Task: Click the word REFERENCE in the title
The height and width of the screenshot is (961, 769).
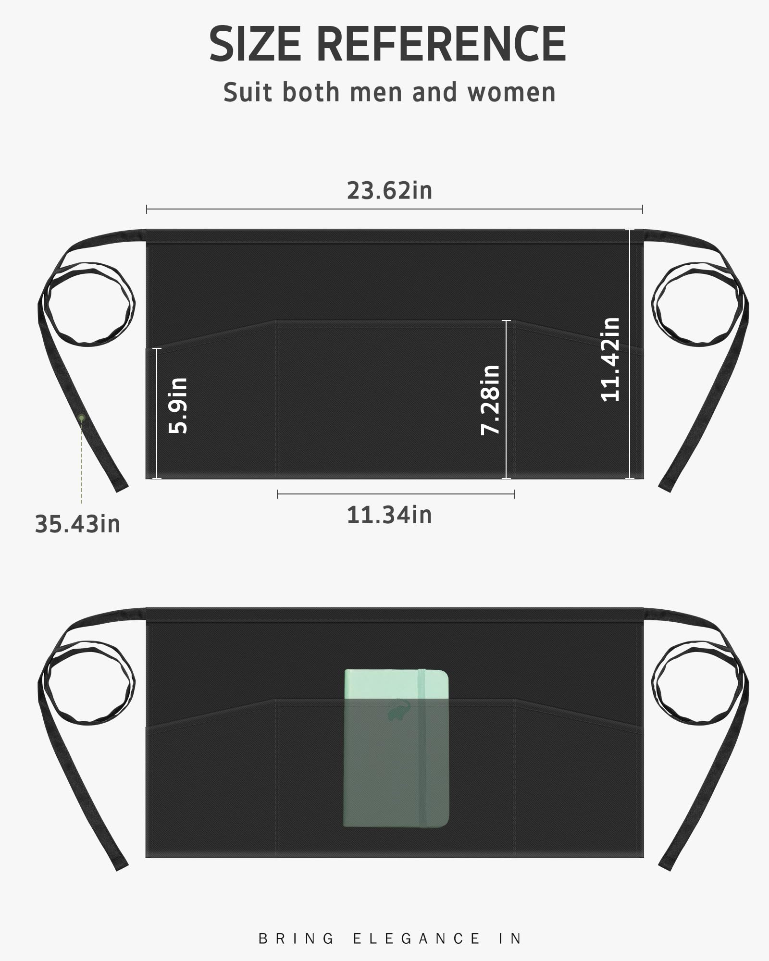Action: pyautogui.click(x=441, y=44)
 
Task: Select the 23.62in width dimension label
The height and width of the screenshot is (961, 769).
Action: pyautogui.click(x=390, y=191)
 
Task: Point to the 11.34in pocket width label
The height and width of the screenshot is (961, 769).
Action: pyautogui.click(x=389, y=515)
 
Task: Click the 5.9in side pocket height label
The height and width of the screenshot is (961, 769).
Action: pyautogui.click(x=178, y=406)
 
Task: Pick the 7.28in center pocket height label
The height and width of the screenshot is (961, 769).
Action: pyautogui.click(x=490, y=400)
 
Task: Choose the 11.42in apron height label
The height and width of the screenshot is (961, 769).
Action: pyautogui.click(x=611, y=359)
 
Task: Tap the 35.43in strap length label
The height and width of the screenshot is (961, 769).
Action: pyautogui.click(x=77, y=524)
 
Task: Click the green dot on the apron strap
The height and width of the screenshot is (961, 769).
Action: pyautogui.click(x=82, y=418)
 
